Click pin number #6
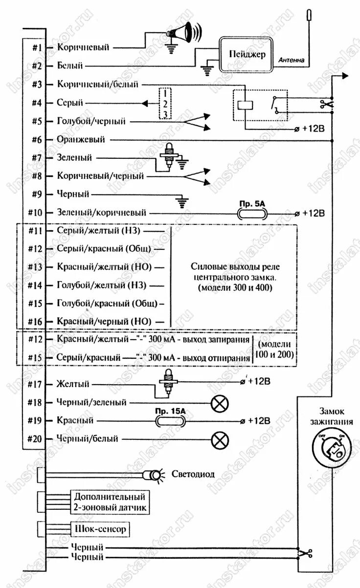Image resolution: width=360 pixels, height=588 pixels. click(38, 139)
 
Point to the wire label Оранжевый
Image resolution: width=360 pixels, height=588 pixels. click(81, 139)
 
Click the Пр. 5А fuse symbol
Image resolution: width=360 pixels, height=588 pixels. click(252, 214)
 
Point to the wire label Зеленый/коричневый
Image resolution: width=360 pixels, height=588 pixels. click(102, 213)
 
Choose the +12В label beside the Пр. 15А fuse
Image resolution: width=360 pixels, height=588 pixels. click(259, 421)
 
